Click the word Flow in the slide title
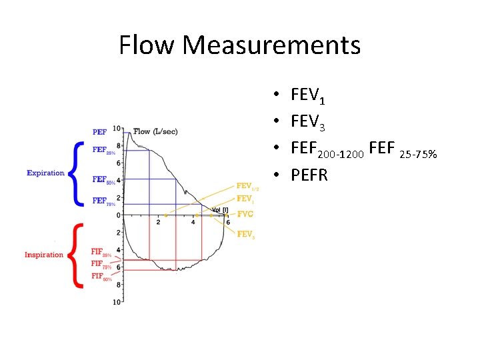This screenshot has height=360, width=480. [147, 45]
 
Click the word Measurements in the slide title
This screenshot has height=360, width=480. [271, 45]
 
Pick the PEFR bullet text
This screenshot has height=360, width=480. [309, 176]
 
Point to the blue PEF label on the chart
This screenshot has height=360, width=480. [99, 132]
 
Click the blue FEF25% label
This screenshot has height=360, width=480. [102, 151]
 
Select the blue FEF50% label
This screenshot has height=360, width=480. [102, 180]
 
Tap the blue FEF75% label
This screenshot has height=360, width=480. [102, 201]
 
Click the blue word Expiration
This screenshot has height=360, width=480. [45, 173]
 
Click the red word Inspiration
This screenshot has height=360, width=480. [44, 255]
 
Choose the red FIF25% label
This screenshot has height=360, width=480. [101, 253]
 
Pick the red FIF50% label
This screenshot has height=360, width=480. [101, 276]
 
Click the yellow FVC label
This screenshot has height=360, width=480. [245, 214]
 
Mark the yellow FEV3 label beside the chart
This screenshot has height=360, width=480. [246, 234]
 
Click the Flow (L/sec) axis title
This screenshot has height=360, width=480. [155, 131]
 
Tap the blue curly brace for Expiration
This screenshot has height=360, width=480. [77, 173]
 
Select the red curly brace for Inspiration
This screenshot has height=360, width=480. [77, 255]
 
